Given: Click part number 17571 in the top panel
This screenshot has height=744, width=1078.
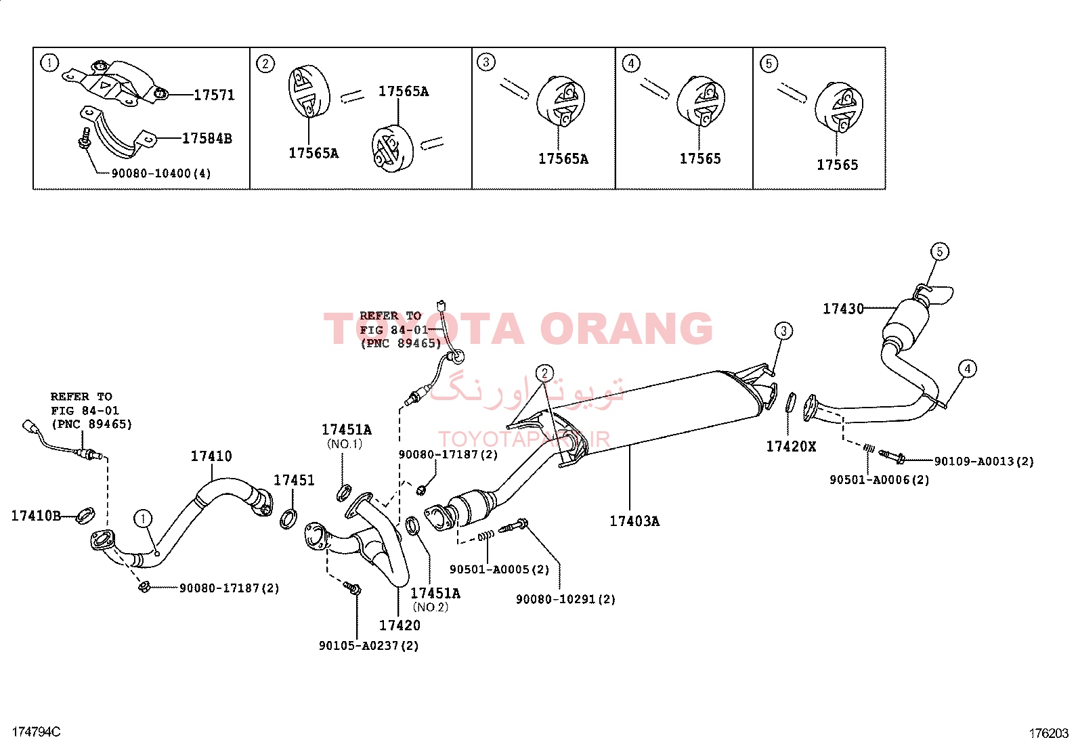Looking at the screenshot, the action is click(x=214, y=95).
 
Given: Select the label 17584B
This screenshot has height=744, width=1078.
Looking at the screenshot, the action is click(x=207, y=139).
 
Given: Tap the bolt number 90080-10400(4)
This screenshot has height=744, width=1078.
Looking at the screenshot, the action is click(x=161, y=173).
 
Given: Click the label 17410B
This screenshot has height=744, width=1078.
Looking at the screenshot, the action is click(x=36, y=516).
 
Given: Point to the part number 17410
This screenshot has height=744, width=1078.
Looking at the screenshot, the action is click(x=211, y=456).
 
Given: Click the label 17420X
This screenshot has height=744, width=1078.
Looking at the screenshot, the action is click(x=791, y=447).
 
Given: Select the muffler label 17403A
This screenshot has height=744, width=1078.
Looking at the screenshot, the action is click(x=634, y=521).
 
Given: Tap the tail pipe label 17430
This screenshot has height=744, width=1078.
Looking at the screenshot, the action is click(x=843, y=309).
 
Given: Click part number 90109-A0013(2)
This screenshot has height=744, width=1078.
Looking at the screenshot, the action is click(x=984, y=462).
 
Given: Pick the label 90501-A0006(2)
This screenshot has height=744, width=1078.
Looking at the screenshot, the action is click(x=879, y=480).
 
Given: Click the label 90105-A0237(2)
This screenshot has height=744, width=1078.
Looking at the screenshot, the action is click(x=368, y=646).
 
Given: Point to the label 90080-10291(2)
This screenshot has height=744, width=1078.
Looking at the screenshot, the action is click(x=565, y=599).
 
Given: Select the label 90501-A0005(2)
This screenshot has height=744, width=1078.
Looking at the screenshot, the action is click(x=499, y=569).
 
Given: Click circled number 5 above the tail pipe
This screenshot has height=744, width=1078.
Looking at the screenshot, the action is click(x=939, y=252).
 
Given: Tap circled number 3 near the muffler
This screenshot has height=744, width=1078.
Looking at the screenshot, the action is click(x=783, y=331).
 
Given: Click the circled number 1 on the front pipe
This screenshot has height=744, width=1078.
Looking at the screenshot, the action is click(x=143, y=519).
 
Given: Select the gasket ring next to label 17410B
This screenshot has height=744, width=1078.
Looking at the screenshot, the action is click(x=86, y=515).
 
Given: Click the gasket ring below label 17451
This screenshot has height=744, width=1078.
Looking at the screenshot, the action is click(x=288, y=519).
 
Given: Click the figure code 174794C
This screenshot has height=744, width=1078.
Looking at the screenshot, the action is click(x=36, y=732).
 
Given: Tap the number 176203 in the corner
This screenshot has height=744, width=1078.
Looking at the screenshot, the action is click(x=1049, y=733).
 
